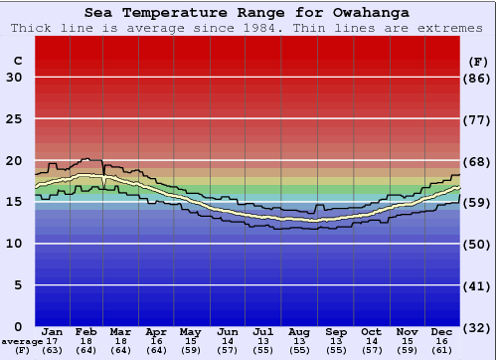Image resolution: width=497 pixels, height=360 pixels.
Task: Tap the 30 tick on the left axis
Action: [14, 78]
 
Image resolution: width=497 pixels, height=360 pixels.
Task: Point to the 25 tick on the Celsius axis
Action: [14, 119]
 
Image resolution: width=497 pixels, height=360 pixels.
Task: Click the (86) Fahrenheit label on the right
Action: [478, 78]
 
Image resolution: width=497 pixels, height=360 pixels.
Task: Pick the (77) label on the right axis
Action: [478, 119]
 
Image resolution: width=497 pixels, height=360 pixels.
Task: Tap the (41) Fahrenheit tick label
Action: [478, 285]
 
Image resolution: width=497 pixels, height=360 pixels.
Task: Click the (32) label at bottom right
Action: [478, 327]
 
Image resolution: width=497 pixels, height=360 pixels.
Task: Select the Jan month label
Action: [53, 331]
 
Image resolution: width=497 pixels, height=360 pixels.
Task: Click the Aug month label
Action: [299, 331]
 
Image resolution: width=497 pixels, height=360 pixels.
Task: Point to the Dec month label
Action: [442, 331]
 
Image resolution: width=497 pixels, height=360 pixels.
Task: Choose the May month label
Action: [190, 331]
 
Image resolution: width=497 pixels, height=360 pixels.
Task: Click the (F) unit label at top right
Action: [478, 61]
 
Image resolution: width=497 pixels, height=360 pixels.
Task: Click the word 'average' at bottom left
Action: [22, 340]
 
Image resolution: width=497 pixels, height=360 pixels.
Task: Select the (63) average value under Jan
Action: [53, 350]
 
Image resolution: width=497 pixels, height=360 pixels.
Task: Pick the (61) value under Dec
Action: [442, 350]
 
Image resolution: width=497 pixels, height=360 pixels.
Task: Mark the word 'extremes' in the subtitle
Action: [453, 28]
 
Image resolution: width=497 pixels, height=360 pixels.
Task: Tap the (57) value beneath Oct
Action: [371, 350]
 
